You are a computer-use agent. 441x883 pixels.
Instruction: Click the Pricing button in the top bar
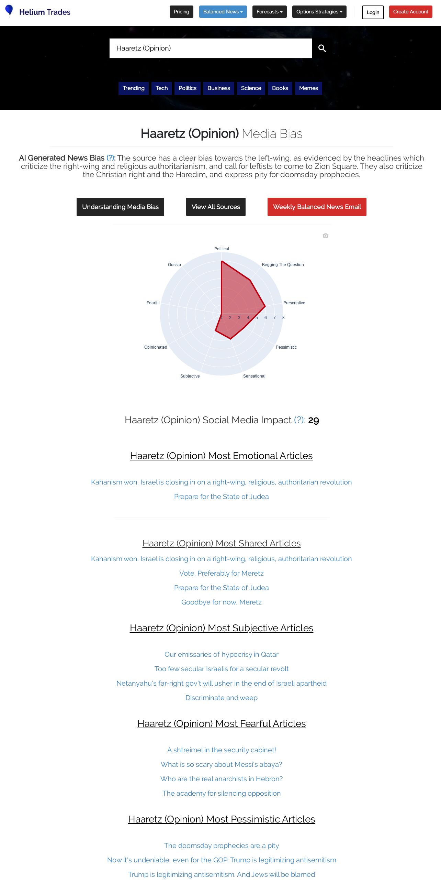(x=181, y=12)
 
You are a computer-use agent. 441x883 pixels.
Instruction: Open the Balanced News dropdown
(x=223, y=12)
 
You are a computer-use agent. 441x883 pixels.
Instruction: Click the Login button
(x=373, y=12)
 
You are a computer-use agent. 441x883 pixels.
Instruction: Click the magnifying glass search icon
(x=322, y=48)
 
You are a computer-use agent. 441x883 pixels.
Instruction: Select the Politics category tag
(x=187, y=88)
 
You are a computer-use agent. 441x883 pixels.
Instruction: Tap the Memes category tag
(x=308, y=88)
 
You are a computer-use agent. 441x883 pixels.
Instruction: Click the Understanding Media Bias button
(x=120, y=207)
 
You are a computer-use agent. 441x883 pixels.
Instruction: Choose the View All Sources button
(x=216, y=207)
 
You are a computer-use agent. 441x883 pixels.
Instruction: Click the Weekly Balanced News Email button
(x=317, y=207)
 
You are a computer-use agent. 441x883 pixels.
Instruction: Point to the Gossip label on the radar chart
(x=174, y=265)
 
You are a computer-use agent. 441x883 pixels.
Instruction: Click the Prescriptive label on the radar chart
(x=294, y=303)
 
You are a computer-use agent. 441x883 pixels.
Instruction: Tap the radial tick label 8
(x=283, y=318)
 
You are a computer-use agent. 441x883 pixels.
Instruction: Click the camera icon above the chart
(x=326, y=236)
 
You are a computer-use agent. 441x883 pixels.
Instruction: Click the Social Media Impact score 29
(x=313, y=420)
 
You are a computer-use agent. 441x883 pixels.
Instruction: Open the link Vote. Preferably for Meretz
(x=221, y=573)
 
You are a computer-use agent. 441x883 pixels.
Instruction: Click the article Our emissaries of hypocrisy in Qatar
(x=221, y=654)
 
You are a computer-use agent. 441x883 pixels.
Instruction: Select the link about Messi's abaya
(x=221, y=764)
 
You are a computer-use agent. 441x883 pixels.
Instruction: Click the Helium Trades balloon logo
(x=9, y=11)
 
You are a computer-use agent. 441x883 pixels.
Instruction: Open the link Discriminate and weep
(x=221, y=698)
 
